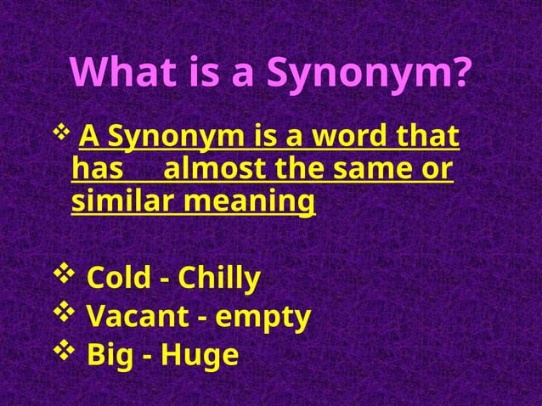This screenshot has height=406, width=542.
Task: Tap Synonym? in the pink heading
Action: click(370, 74)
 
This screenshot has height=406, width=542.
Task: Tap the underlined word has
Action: click(97, 169)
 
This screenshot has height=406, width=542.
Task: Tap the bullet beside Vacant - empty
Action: click(65, 313)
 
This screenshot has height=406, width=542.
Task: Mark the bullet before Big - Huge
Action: click(65, 352)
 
